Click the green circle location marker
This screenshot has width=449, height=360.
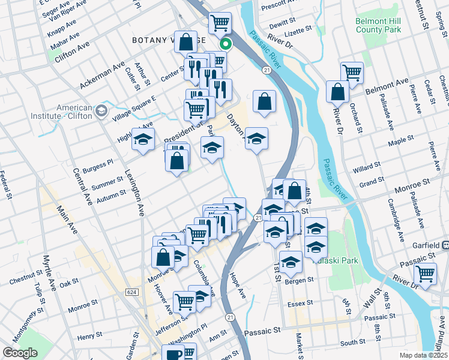click(x=226, y=43)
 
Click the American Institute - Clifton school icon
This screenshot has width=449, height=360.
click(x=100, y=110)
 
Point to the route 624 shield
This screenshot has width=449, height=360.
click(x=131, y=292)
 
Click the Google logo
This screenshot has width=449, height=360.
click(x=20, y=352)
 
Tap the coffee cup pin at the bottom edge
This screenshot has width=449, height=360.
click(x=174, y=354)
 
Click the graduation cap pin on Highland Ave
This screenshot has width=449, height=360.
click(x=143, y=139)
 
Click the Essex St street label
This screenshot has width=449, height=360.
click(x=301, y=304)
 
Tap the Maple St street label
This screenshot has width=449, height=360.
click(x=402, y=140)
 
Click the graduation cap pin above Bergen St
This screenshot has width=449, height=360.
click(x=291, y=262)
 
